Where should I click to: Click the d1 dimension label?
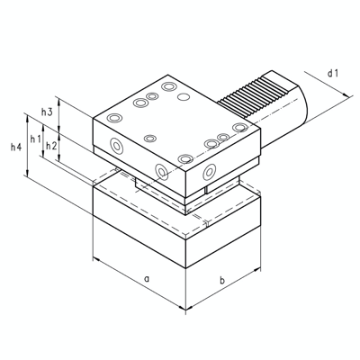[333, 71]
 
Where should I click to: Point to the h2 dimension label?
[51, 146]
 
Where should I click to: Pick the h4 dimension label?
[15, 147]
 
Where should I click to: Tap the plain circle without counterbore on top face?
[184, 96]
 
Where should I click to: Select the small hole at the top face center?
[151, 138]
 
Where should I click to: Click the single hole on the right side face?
[209, 170]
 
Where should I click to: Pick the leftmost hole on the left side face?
[116, 145]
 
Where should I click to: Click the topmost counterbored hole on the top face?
[168, 87]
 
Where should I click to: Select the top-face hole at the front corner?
[185, 159]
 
